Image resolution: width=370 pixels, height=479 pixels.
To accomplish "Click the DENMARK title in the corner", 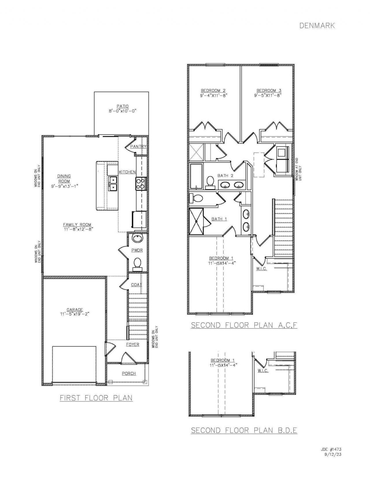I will tap(317, 26).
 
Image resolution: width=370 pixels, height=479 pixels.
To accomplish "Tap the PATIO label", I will tap(123, 106).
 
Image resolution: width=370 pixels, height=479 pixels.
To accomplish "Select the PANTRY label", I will tap(138, 147).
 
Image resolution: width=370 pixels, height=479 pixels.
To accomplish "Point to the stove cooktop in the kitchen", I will tap(140, 183).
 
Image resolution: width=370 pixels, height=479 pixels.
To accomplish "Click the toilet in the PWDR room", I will tap(137, 263).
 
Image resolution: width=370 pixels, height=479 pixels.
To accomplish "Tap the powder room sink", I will tap(137, 239).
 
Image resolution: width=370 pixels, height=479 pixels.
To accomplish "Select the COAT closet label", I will tap(136, 285).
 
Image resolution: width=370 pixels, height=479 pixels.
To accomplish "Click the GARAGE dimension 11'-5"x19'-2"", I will tap(75, 314).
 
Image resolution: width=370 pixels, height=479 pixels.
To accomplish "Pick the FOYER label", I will tap(133, 344).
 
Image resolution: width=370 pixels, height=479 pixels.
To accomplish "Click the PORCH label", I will tap(129, 373).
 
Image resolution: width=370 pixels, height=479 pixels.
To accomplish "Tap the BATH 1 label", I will tap(219, 219).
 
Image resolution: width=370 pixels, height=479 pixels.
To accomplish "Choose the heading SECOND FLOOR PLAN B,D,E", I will tap(244, 430).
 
